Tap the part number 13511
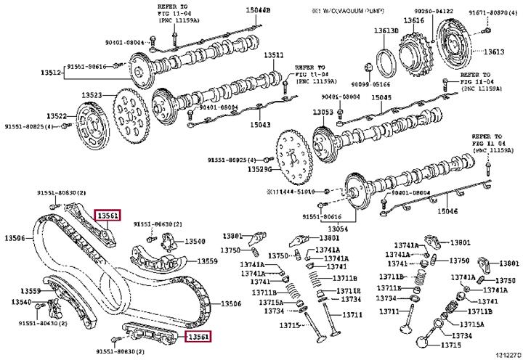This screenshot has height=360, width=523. (x=273, y=55)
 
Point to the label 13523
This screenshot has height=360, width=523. (x=92, y=95)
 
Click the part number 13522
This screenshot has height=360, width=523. (x=57, y=116)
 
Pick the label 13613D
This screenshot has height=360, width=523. (x=386, y=30)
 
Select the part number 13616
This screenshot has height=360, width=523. (x=414, y=20)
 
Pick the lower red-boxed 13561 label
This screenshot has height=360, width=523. (x=198, y=336)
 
